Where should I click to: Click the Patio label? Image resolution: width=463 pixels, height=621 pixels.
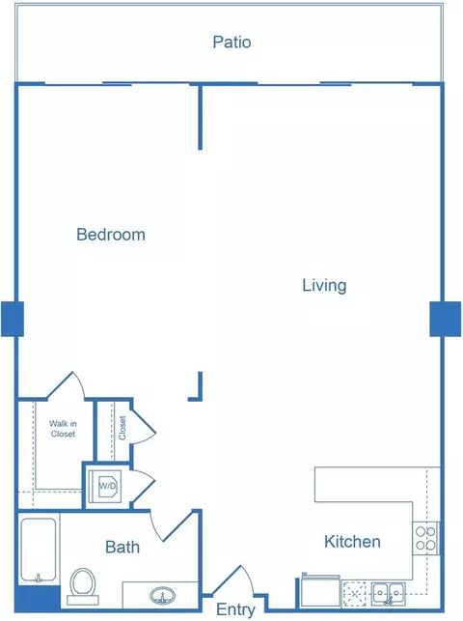(x=231, y=42)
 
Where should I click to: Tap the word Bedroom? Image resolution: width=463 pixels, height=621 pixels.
(x=111, y=235)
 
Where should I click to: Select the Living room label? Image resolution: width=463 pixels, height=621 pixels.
(x=324, y=286)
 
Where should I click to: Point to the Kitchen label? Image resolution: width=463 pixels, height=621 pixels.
(x=352, y=542)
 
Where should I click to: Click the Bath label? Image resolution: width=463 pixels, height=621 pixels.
(x=123, y=547)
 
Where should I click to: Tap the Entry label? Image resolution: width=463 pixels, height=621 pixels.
(x=235, y=610)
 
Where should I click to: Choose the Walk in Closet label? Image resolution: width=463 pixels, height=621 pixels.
(x=63, y=429)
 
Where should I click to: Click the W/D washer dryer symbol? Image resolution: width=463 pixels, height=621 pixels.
(x=107, y=486)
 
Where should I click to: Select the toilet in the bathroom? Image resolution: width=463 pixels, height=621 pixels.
(x=83, y=586)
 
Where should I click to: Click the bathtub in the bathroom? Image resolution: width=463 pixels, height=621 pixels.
(x=38, y=550)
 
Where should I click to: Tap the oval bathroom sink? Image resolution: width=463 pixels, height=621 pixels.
(x=162, y=595)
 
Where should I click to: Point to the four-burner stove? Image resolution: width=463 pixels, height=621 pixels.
(x=425, y=538)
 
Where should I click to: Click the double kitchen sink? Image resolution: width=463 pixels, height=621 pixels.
(x=388, y=593)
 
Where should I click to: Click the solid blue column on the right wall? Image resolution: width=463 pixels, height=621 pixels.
(x=446, y=319)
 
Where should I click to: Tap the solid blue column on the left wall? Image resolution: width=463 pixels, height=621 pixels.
(x=13, y=319)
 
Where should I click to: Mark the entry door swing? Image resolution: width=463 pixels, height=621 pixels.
(x=233, y=580)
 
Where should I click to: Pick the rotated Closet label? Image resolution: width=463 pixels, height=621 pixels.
(x=123, y=428)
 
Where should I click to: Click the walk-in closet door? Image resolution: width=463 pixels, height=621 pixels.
(x=67, y=384)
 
